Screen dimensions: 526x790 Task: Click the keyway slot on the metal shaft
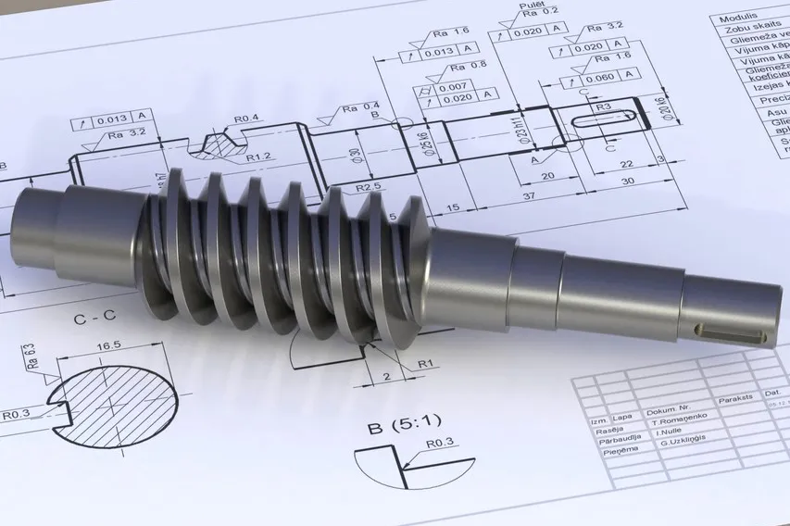click(x=735, y=331)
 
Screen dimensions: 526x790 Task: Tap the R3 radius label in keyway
click(x=603, y=107)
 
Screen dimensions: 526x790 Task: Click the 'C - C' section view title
click(x=94, y=316)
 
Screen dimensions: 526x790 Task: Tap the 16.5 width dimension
click(x=109, y=344)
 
